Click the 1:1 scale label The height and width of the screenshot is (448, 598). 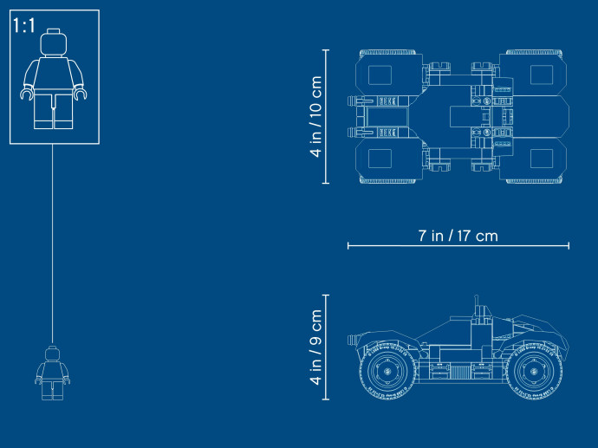point(23,25)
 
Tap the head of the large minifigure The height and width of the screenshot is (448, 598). point(54,42)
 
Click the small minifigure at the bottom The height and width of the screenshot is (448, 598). point(53,373)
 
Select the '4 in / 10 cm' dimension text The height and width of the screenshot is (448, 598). point(316,116)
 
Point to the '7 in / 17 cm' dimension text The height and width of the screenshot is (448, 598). point(458,236)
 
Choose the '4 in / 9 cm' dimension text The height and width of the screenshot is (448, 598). point(316,347)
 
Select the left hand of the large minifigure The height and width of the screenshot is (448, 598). point(27,94)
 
